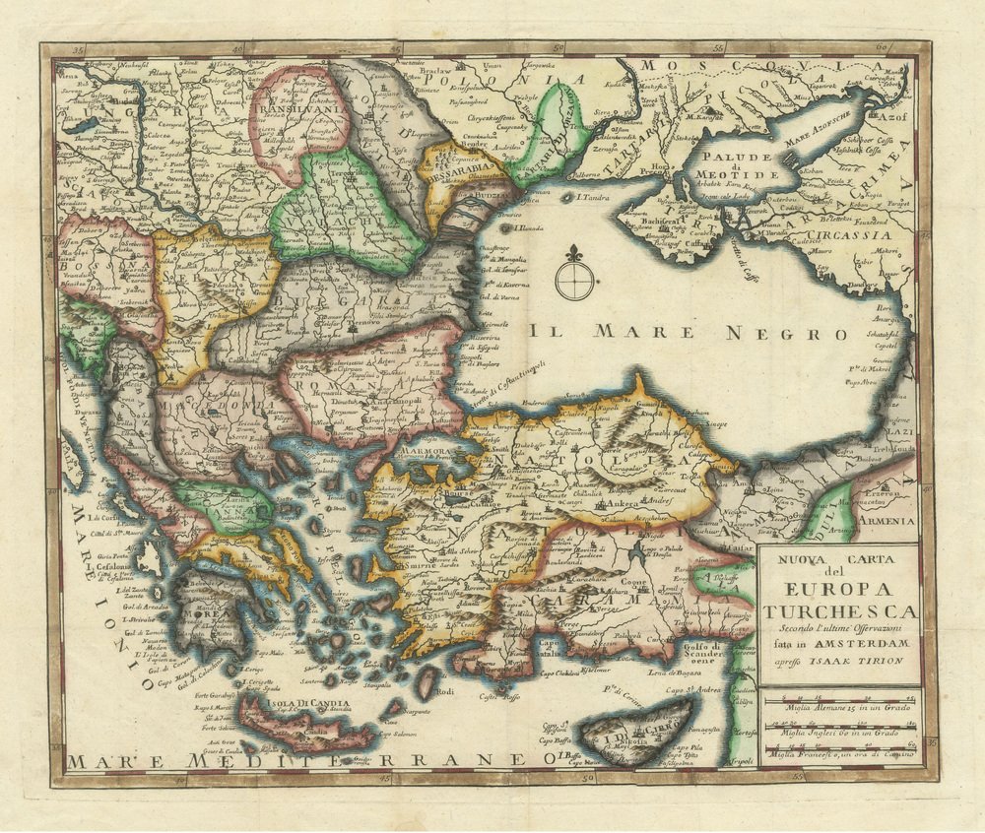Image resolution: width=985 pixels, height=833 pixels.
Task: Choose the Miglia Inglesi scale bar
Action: coord(840,727)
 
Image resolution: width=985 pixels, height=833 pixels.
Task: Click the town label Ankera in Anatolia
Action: coord(622,502)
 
